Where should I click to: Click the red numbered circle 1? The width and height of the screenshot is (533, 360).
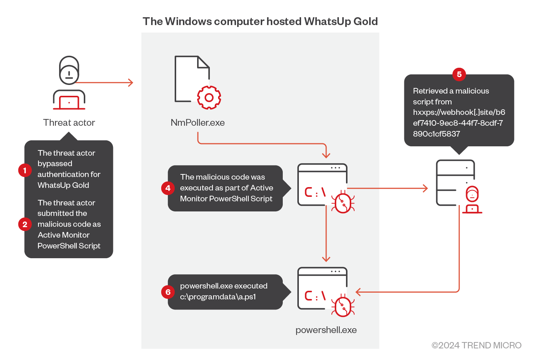pos(25,171)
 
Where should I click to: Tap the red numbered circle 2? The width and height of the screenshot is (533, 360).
pos(25,224)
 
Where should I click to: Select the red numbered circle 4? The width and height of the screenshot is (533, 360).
pos(168,188)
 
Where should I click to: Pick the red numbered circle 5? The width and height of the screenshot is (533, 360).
pos(459,74)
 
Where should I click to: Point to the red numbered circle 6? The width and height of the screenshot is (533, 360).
pos(168,292)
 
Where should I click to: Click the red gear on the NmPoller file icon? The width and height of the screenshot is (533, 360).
pos(209,98)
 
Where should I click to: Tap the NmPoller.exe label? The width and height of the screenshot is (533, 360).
pos(197,123)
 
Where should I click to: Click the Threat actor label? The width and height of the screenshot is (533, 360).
pos(69,123)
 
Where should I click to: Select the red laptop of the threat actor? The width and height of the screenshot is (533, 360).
pos(69,103)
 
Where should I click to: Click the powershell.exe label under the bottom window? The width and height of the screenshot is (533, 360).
pos(326,330)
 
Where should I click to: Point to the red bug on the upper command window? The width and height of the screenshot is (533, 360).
pos(343,202)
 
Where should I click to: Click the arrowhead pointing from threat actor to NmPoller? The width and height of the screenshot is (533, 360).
pos(131,83)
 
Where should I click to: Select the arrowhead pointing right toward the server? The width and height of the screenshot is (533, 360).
pos(425,188)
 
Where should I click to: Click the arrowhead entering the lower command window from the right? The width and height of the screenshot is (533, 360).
pos(358,292)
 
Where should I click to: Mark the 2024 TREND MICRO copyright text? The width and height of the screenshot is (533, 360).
pos(477,345)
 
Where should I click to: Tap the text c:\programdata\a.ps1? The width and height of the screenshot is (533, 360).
pos(218,297)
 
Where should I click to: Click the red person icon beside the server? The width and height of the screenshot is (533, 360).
pos(472,199)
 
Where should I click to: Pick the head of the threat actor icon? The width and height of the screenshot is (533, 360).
pos(69,70)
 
